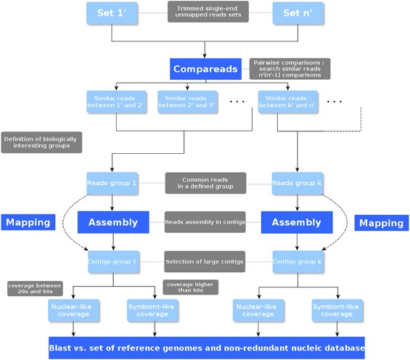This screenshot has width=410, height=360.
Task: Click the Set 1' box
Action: point(112,13)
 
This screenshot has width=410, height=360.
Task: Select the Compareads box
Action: point(205,69)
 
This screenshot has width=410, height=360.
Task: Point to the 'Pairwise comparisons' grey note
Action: point(289,68)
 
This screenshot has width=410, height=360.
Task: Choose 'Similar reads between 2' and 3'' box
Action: point(183,101)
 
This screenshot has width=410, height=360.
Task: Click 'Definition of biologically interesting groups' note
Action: point(41,142)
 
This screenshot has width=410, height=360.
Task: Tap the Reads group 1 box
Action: point(112,183)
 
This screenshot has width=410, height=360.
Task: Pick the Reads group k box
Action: point(298,183)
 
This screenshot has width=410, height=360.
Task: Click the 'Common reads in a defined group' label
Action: point(205,183)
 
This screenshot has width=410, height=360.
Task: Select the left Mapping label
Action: point(28,223)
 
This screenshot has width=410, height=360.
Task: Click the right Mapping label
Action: point(382,223)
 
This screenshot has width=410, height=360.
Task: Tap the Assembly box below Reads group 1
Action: point(112,223)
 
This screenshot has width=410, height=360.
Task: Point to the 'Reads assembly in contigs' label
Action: point(205,222)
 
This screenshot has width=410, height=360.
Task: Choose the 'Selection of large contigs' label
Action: point(205,261)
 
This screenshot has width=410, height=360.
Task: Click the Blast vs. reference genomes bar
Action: point(206,348)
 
